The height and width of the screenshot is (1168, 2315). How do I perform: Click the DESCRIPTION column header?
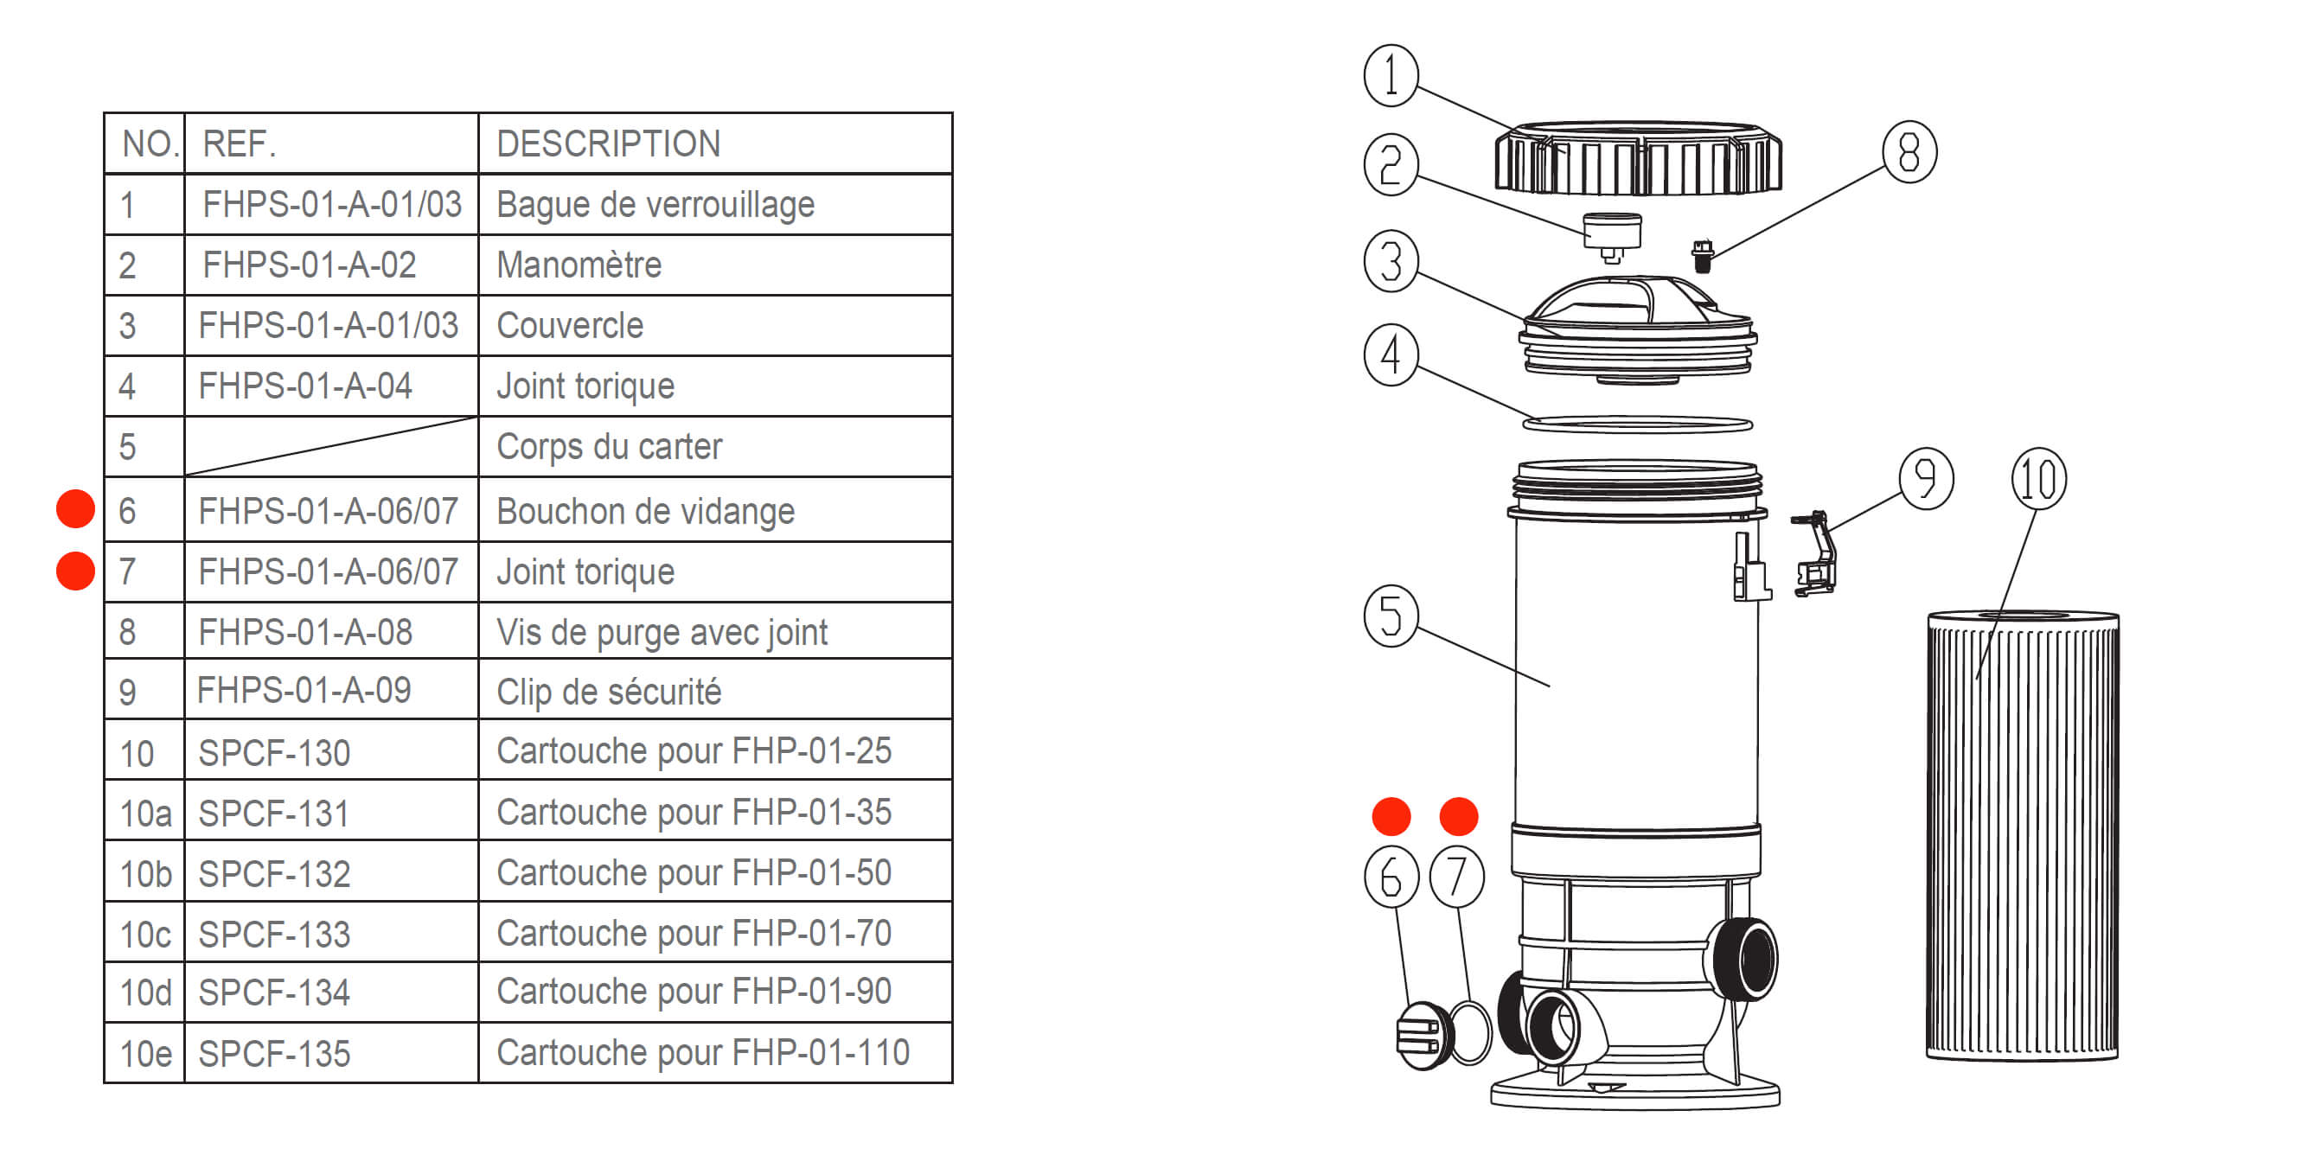609,144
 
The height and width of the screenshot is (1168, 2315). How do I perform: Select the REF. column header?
239,144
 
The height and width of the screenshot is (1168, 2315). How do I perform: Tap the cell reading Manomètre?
579,265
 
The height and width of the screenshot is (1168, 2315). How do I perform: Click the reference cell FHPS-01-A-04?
305,386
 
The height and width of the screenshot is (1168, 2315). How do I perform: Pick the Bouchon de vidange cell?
645,511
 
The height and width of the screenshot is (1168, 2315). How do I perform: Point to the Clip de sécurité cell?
609,692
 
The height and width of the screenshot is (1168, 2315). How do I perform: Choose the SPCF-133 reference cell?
274,935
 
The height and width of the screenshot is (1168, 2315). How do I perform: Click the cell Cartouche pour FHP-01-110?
703,1053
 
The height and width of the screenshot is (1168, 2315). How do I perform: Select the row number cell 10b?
144,873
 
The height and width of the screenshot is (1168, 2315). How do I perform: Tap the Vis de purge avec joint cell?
662,633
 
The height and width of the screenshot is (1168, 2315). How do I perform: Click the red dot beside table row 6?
75,509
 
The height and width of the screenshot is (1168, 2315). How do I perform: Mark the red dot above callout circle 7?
1458,816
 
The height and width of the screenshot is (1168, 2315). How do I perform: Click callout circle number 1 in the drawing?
1391,75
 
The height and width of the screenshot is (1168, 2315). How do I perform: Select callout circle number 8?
1909,152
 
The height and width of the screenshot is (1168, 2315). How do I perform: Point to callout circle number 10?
2038,479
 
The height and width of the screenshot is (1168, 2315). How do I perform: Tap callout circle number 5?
1391,616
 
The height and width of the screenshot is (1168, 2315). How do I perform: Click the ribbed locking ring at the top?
1637,159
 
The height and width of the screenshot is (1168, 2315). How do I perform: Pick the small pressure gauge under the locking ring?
1612,235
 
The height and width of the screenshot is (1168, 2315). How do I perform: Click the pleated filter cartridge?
2022,835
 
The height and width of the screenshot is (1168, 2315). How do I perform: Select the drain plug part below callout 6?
1423,1036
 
